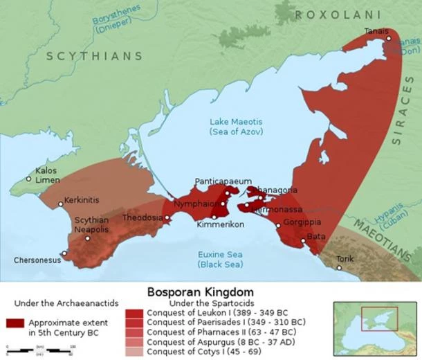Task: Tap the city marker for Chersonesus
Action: tap(64, 253)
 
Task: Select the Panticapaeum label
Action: tap(223, 181)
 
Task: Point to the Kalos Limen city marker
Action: tap(28, 179)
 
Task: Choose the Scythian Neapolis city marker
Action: tap(88, 238)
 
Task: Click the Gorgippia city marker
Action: tap(278, 224)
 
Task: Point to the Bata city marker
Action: tap(302, 242)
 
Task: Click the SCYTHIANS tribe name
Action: tap(94, 56)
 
